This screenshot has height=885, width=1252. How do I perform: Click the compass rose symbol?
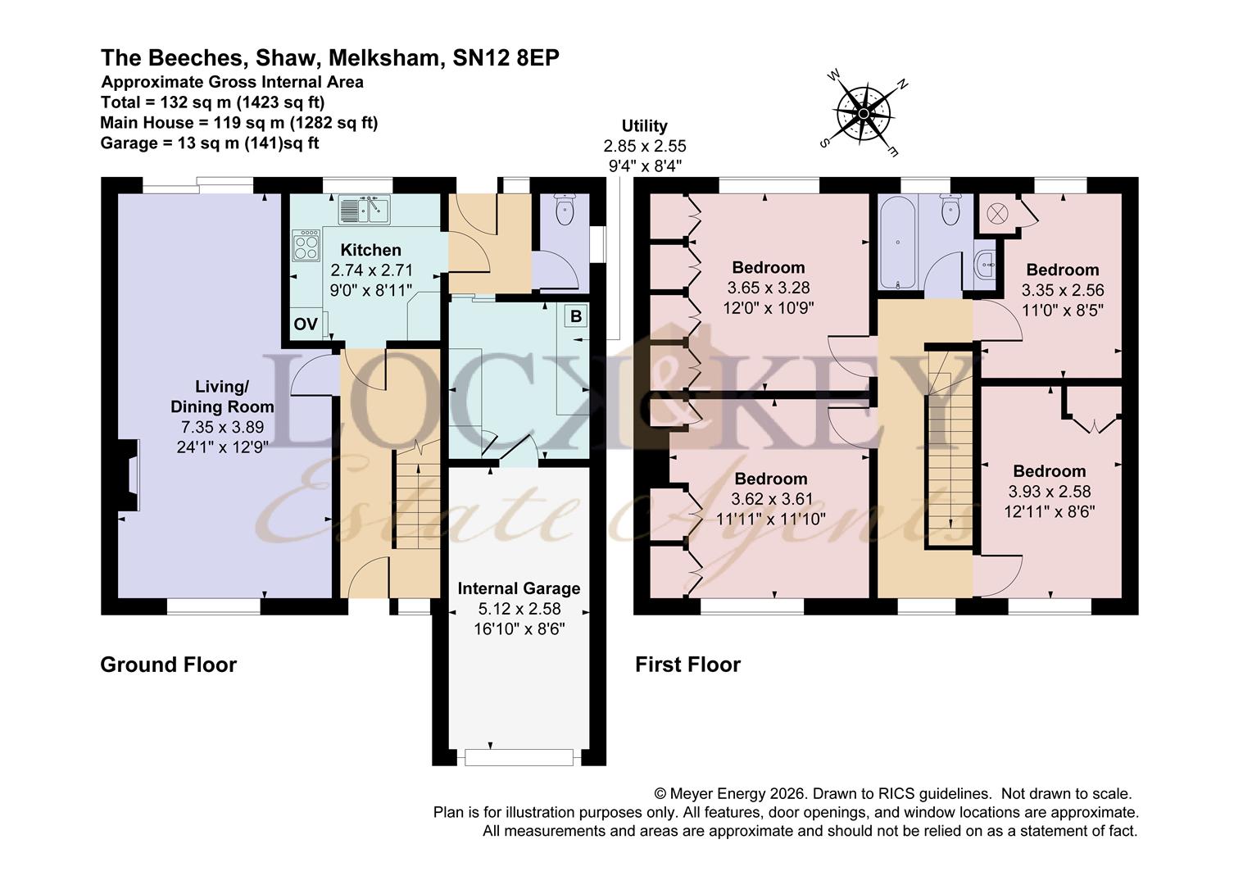(x=864, y=113)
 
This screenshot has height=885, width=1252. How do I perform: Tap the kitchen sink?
(x=365, y=210)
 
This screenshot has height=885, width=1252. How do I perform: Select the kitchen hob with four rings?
(x=306, y=246)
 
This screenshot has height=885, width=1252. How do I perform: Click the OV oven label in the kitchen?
(x=306, y=324)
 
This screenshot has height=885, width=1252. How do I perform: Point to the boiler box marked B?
(x=576, y=316)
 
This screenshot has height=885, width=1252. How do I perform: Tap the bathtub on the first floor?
(x=898, y=243)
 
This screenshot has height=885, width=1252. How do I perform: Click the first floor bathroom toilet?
(x=950, y=209)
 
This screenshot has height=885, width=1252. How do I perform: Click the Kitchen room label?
(x=370, y=250)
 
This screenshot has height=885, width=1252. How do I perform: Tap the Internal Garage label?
(x=519, y=588)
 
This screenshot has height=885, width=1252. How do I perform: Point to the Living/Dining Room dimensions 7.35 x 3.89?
(x=222, y=427)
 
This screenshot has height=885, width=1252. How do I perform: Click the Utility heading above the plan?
(x=645, y=126)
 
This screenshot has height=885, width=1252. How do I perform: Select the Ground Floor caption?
(x=168, y=665)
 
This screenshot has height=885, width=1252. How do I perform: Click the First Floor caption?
(x=687, y=665)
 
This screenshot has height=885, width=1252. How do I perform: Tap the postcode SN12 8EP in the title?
(x=506, y=58)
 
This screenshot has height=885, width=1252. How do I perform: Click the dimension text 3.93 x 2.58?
(x=1049, y=492)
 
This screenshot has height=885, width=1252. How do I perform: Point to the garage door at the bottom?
(x=519, y=757)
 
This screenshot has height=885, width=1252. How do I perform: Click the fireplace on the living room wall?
(x=129, y=475)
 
